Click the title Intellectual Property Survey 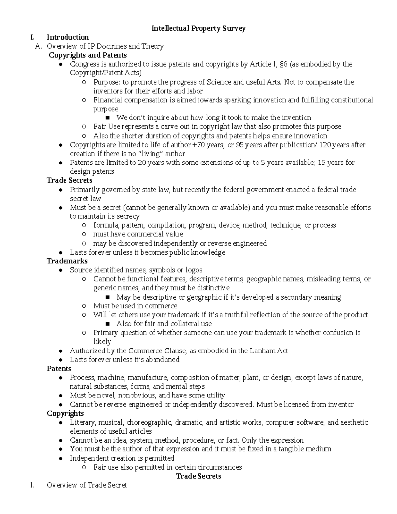coord(198,28)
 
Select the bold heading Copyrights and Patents coord(88,55)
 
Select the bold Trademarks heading coord(67,261)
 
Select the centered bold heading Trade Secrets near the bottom coord(198,476)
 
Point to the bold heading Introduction coord(67,37)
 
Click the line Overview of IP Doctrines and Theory coord(105,46)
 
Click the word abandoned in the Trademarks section coord(162,360)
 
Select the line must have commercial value coord(138,234)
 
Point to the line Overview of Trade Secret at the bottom coord(87,485)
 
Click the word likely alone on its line coord(102,342)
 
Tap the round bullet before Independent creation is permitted coord(60,459)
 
